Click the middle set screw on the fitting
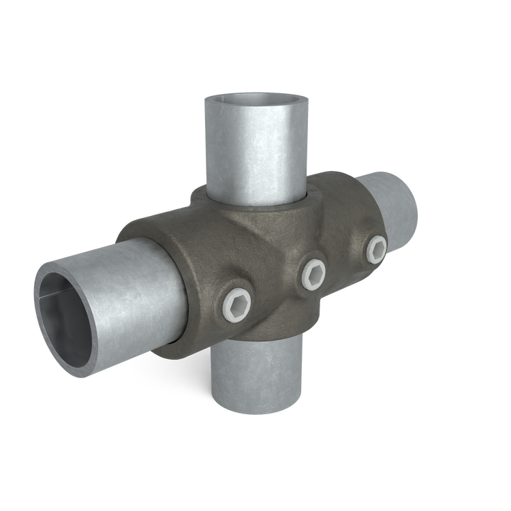coord(313,273)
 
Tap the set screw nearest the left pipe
coord(236,304)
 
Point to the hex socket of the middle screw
coord(313,273)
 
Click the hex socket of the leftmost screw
coord(236,304)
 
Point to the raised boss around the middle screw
coord(303,286)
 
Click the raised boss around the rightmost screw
coord(368,260)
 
